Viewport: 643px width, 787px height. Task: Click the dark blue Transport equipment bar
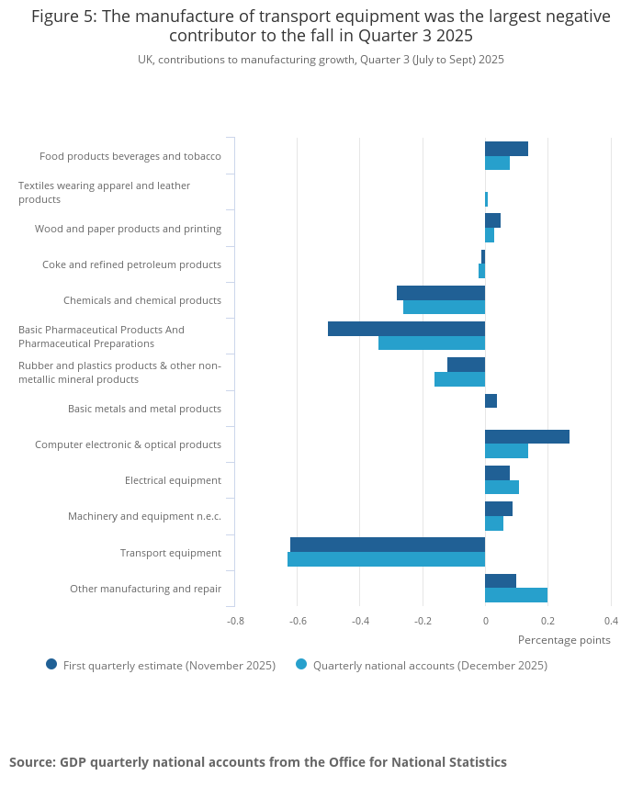click(388, 545)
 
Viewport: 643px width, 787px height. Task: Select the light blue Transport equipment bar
click(387, 559)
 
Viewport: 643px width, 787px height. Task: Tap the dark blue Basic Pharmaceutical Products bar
click(407, 329)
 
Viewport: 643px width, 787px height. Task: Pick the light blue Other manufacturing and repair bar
click(516, 595)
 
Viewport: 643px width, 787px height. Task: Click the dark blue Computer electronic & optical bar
click(527, 437)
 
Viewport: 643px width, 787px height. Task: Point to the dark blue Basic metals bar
click(491, 401)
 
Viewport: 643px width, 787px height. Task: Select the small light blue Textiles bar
click(487, 199)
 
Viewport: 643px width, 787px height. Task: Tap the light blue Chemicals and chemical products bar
click(445, 307)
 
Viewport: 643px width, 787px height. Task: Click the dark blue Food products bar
click(506, 149)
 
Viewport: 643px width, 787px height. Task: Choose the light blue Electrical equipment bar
click(502, 488)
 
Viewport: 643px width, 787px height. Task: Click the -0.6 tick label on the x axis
click(299, 621)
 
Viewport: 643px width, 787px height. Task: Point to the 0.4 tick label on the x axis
click(612, 621)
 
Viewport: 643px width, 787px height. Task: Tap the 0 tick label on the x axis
click(485, 621)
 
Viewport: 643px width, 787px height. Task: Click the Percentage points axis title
click(564, 640)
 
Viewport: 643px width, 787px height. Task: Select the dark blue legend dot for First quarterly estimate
click(51, 664)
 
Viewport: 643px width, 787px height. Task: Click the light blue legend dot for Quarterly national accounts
click(301, 664)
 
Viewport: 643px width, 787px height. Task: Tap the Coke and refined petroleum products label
click(131, 264)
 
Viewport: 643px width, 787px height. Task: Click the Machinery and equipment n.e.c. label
click(144, 516)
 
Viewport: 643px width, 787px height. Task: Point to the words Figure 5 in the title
click(63, 17)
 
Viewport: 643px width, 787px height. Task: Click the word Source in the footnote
click(32, 762)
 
